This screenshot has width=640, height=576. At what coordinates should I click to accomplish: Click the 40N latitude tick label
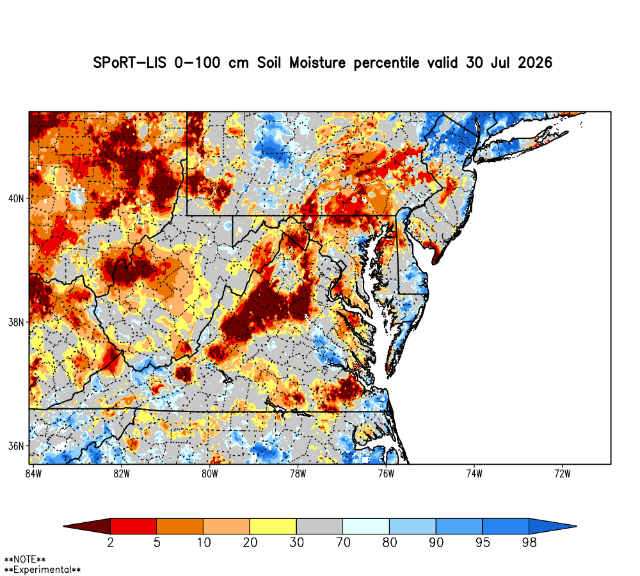[x=16, y=199]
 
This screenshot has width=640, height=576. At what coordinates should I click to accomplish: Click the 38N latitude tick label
[x=16, y=323]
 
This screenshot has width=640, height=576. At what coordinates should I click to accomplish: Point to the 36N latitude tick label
[x=16, y=446]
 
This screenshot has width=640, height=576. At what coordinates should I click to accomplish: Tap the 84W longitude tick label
[x=33, y=474]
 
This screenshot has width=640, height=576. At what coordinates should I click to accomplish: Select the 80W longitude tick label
[x=210, y=474]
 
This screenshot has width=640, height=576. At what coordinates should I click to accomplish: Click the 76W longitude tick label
[x=386, y=474]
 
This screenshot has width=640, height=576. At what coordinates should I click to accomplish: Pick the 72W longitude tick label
[x=563, y=474]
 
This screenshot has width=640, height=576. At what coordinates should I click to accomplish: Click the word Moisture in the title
[x=317, y=63]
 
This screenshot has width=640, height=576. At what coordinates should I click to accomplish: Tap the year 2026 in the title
[x=535, y=63]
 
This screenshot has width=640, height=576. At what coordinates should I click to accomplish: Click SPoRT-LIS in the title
[x=129, y=63]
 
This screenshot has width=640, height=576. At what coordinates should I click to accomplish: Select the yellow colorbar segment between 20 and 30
[x=273, y=526]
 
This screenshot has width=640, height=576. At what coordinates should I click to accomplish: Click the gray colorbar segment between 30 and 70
[x=319, y=526]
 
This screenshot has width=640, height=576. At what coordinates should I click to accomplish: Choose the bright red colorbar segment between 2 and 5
[x=134, y=526]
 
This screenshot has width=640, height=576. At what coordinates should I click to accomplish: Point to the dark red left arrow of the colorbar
[x=87, y=526]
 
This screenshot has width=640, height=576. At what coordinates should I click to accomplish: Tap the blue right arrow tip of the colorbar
[x=576, y=526]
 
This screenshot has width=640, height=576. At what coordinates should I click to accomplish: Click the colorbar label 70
[x=343, y=543]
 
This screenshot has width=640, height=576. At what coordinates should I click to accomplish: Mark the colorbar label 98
[x=529, y=543]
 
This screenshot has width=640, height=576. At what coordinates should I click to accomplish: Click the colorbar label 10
[x=204, y=543]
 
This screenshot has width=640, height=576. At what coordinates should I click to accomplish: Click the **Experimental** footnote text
[x=42, y=570]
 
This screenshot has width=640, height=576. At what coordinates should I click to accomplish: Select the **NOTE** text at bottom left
[x=25, y=559]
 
